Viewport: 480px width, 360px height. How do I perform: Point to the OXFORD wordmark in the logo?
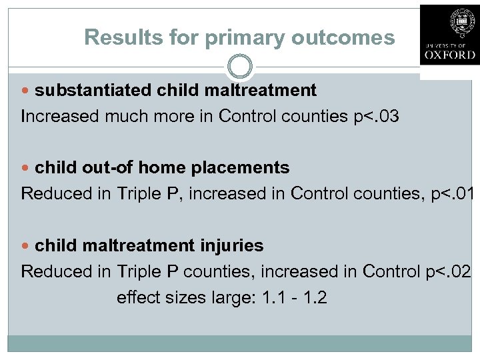click(x=449, y=54)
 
